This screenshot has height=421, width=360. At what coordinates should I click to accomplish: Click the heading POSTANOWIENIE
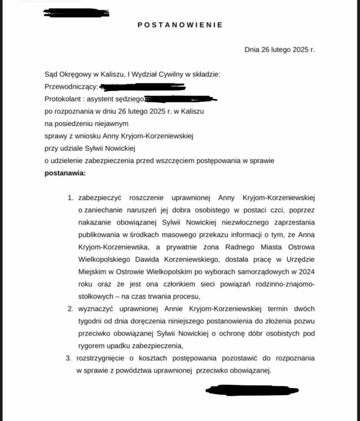click(x=180, y=25)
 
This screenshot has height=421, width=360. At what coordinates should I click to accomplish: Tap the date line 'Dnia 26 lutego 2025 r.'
click(x=279, y=50)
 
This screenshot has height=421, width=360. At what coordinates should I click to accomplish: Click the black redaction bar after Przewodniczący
click(x=142, y=87)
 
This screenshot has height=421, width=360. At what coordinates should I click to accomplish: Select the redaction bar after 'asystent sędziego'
click(x=180, y=99)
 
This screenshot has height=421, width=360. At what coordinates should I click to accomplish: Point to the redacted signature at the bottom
click(x=252, y=390)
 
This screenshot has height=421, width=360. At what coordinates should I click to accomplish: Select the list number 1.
click(x=70, y=198)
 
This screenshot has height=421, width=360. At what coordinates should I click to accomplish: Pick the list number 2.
click(x=70, y=308)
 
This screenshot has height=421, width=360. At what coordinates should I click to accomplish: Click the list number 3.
click(x=69, y=358)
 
